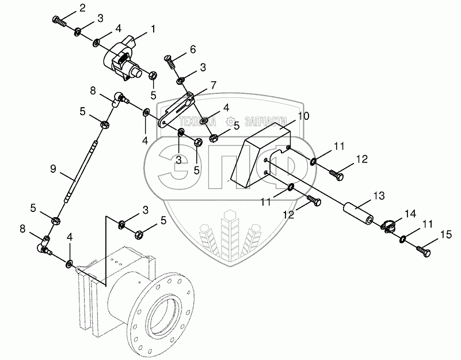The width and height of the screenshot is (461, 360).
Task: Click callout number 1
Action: (x=153, y=28)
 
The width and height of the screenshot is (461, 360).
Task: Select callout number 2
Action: (x=82, y=8)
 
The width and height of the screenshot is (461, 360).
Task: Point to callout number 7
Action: (x=213, y=85)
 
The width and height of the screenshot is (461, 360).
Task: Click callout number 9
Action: (x=53, y=169)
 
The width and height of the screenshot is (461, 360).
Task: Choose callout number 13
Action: (x=378, y=196)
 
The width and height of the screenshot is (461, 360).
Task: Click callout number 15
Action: (x=443, y=234)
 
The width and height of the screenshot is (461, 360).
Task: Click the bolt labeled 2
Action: (x=58, y=22)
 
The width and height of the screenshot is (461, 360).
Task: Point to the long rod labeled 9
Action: (x=80, y=173)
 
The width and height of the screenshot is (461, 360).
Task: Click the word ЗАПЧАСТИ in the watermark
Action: (x=266, y=122)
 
